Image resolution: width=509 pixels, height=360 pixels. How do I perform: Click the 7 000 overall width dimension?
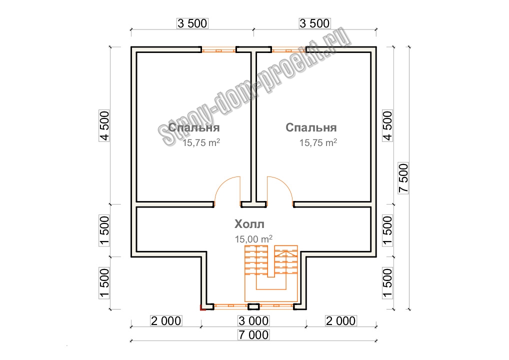tap(253, 334)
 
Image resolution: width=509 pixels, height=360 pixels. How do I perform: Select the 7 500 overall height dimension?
tap(403, 178)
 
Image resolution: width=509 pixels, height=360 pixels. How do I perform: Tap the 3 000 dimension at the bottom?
tap(253, 320)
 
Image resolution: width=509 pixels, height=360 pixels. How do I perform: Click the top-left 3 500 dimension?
tap(192, 23)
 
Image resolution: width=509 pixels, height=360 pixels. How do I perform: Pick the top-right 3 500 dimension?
tap(314, 23)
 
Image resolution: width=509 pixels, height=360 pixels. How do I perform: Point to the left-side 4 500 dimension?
tap(104, 125)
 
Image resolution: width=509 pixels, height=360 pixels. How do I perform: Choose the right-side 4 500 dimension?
tap(387, 125)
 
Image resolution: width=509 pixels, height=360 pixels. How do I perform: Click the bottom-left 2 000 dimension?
tap(166, 320)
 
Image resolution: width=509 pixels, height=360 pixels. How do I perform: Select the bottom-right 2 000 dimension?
tap(341, 320)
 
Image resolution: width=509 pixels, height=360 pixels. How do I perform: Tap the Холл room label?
tap(249, 224)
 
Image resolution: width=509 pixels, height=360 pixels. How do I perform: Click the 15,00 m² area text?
tap(253, 239)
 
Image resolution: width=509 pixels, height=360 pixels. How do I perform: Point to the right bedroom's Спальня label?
tap(311, 127)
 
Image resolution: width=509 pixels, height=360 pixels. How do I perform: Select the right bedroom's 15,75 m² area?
tap(318, 142)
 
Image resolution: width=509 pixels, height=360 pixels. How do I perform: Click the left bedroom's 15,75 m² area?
tap(201, 142)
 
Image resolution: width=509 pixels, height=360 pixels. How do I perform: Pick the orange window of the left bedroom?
tap(218, 50)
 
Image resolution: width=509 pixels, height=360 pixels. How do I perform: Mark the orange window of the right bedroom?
tap(288, 50)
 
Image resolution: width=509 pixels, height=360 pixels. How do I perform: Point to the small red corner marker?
tap(202, 307)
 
